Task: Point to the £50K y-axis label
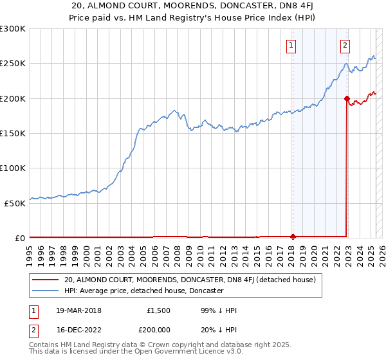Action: tap(15, 203)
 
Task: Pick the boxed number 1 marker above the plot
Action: tap(292, 45)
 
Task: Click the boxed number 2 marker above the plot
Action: tap(345, 45)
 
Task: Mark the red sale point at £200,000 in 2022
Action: tap(347, 98)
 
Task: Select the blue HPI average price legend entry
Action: tap(143, 291)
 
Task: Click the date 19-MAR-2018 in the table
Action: tap(79, 310)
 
